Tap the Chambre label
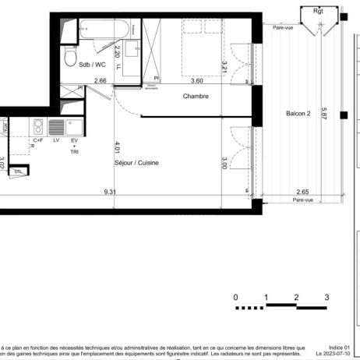[x=196, y=97]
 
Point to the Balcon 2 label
[x=298, y=114]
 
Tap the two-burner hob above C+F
[x=37, y=126]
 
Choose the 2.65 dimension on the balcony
[x=303, y=192]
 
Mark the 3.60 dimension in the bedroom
[x=197, y=80]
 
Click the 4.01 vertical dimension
[x=118, y=146]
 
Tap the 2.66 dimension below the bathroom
[x=100, y=80]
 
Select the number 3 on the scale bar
[x=326, y=297]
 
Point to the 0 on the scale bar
[x=235, y=297]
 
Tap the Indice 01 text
[x=340, y=346]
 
